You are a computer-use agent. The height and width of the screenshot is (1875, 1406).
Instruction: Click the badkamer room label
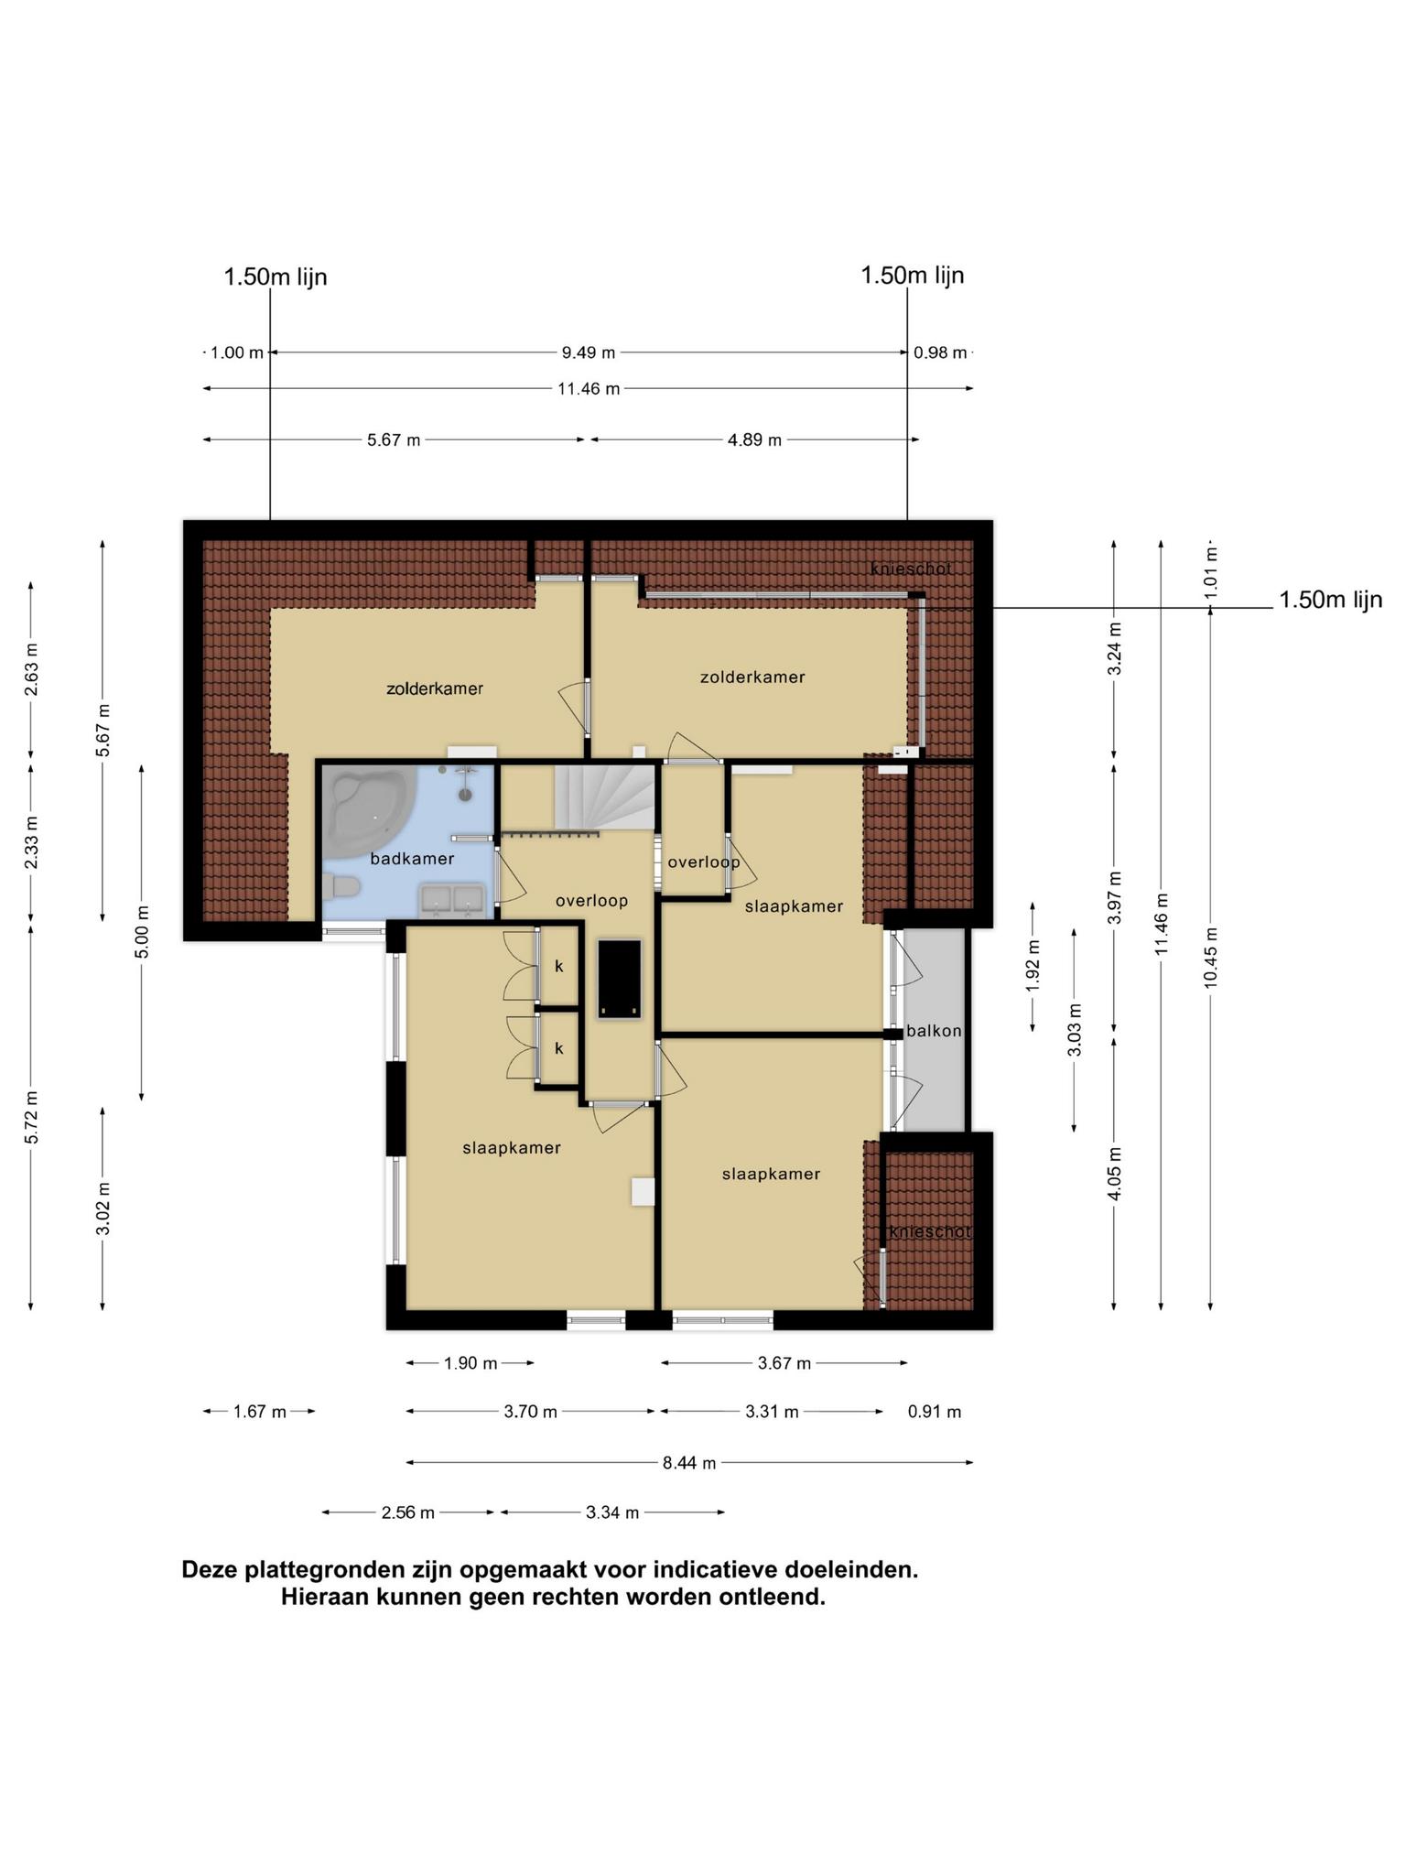coord(412,859)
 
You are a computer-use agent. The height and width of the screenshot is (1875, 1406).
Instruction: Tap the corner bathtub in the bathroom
coord(366,811)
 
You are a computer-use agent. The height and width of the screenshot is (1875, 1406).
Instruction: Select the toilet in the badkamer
coord(339,886)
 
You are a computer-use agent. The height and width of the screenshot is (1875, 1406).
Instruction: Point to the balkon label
coord(934,1031)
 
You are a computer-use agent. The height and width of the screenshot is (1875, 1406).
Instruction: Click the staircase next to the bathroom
coord(605,798)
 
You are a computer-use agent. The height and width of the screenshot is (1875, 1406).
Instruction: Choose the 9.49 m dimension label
coord(589,352)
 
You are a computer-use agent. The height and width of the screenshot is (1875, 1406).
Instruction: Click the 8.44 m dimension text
coord(689,1463)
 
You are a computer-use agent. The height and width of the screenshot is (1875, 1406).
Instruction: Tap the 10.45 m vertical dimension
coord(1211,958)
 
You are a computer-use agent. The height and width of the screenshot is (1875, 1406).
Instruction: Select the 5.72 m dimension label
coord(32,1117)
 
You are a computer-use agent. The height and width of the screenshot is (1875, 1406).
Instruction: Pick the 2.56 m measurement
coord(408,1512)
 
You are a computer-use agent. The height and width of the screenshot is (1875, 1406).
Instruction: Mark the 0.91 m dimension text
coord(935,1412)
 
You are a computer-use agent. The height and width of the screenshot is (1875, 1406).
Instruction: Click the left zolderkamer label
coord(435,688)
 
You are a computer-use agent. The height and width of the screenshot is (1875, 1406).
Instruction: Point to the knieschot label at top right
coord(911,569)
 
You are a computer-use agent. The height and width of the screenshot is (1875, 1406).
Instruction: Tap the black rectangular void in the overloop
coord(619,979)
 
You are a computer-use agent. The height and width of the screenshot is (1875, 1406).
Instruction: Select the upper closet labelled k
coord(559,966)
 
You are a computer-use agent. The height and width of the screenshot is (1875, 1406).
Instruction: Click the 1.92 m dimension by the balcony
coord(1033,966)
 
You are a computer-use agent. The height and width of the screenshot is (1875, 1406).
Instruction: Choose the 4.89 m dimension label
coord(755,440)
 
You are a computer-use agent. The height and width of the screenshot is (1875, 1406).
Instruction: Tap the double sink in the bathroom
coord(451,901)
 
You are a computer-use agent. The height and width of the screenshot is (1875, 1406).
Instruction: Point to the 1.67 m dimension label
coord(260,1412)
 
